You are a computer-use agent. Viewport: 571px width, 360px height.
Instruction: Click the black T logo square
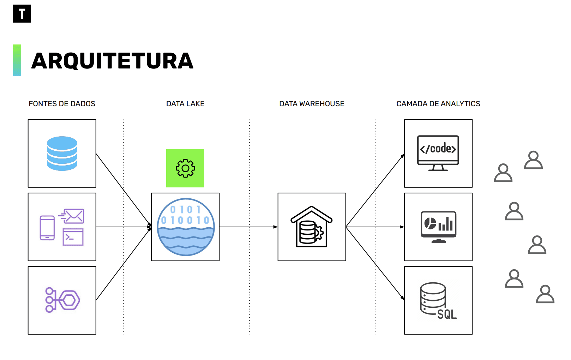tap(22, 14)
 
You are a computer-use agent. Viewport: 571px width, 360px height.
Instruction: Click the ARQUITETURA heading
tap(112, 61)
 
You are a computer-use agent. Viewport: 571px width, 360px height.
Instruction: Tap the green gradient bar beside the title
tap(17, 60)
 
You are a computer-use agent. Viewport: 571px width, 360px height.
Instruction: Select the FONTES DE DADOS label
tap(62, 104)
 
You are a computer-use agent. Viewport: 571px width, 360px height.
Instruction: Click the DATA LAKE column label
tap(185, 104)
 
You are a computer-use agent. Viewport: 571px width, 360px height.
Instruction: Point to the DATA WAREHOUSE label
tap(312, 104)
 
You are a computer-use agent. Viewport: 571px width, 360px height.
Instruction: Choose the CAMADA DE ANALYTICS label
tap(438, 104)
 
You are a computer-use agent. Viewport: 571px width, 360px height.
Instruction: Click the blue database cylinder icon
tap(62, 154)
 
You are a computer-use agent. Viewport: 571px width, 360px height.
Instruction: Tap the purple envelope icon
tap(73, 216)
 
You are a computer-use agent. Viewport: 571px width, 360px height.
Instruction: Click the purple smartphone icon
tap(47, 228)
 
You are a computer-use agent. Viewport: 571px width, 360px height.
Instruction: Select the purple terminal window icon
tap(73, 237)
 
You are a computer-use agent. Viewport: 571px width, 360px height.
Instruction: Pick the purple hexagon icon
tap(70, 300)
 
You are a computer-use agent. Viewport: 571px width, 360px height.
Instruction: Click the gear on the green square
tap(185, 168)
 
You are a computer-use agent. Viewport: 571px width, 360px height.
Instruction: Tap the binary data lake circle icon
tap(186, 227)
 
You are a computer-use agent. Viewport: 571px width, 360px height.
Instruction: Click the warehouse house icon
tap(312, 227)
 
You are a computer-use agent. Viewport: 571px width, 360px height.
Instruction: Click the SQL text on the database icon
tap(447, 314)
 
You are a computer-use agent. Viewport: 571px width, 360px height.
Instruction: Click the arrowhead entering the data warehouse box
tap(276, 227)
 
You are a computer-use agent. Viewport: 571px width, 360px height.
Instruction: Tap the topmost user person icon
tap(533, 160)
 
